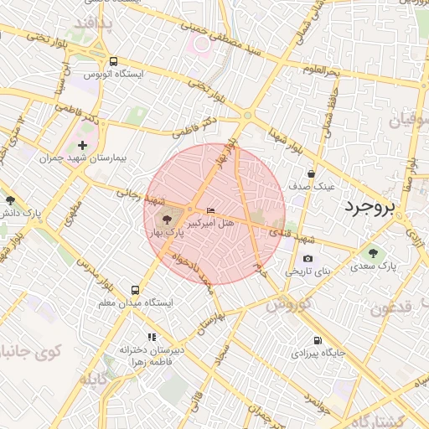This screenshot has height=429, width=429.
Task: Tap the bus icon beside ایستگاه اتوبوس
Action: click(x=113, y=61)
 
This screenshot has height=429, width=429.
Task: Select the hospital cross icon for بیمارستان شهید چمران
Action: click(x=82, y=145)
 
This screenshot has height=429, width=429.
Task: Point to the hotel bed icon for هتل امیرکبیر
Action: click(x=209, y=209)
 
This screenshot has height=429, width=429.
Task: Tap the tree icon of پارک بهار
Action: click(x=159, y=220)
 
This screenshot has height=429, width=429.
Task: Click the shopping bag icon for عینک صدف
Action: click(x=312, y=173)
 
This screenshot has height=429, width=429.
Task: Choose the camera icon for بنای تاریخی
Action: click(x=308, y=259)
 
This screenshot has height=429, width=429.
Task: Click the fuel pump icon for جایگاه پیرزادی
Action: click(x=317, y=340)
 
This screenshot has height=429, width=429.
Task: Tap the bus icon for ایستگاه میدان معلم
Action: click(x=136, y=289)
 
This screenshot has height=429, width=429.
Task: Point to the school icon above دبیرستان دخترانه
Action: click(x=151, y=336)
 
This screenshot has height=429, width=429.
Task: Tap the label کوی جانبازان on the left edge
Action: click(x=25, y=349)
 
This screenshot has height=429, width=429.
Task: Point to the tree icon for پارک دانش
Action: click(x=9, y=200)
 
